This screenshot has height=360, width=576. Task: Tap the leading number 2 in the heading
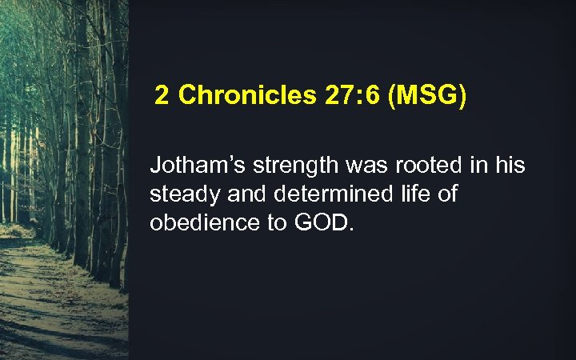[x=162, y=97]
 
